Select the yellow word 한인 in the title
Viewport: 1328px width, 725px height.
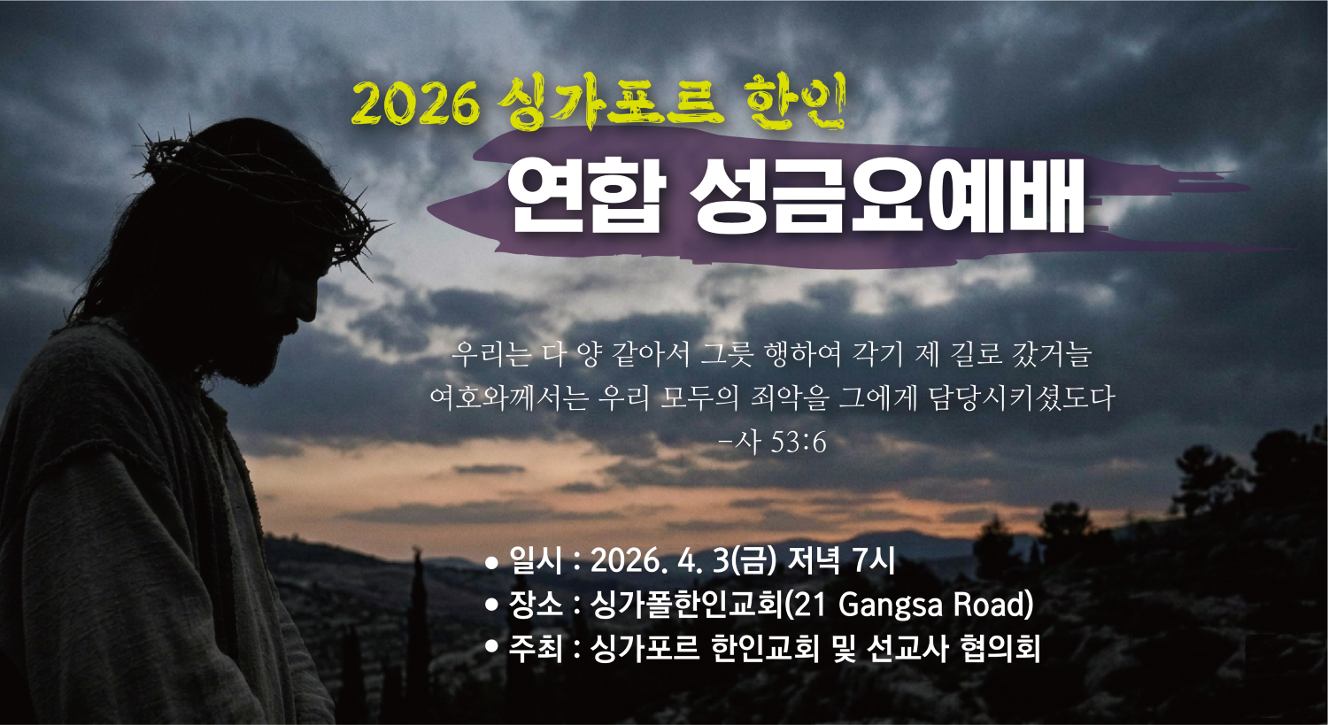pos(794,100)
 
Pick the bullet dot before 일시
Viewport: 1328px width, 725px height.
pos(492,562)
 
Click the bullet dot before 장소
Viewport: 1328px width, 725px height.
pos(492,605)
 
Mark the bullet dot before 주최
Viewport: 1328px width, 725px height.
pos(492,649)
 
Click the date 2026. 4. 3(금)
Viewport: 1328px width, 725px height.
pos(683,561)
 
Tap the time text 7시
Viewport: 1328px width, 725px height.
pos(873,561)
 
